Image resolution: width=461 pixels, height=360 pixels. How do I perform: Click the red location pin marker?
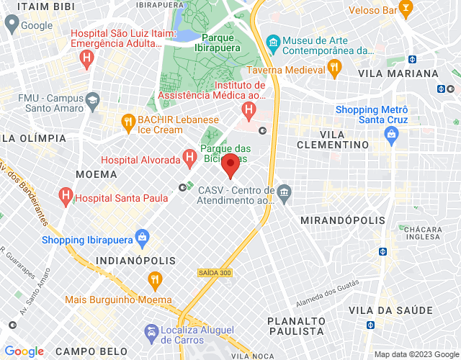coord(230,165)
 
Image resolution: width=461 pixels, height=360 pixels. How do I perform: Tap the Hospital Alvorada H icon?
coord(189,156)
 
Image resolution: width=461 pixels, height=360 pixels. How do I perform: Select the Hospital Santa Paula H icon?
coord(66,195)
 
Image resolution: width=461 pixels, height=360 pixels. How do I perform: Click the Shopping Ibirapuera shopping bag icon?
coord(142,236)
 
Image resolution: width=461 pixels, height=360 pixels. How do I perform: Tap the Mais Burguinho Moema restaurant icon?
coord(154,279)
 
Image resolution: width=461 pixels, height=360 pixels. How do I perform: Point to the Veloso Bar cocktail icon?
coord(406,9)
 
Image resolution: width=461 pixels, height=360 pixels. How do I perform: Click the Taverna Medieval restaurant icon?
coord(334,68)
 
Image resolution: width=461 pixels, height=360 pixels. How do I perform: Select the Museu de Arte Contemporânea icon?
coord(272,41)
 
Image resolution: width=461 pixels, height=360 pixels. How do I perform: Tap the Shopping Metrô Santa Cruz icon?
coord(391,133)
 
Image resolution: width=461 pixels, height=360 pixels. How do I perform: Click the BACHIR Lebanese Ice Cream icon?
coord(128,121)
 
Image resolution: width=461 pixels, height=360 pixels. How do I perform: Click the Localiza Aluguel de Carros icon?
coord(151,332)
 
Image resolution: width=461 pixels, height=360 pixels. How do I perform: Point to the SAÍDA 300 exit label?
coord(214,273)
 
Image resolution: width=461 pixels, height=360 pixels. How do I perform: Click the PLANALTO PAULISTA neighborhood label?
coord(295,325)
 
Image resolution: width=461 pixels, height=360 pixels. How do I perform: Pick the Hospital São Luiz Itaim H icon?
coord(87,56)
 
